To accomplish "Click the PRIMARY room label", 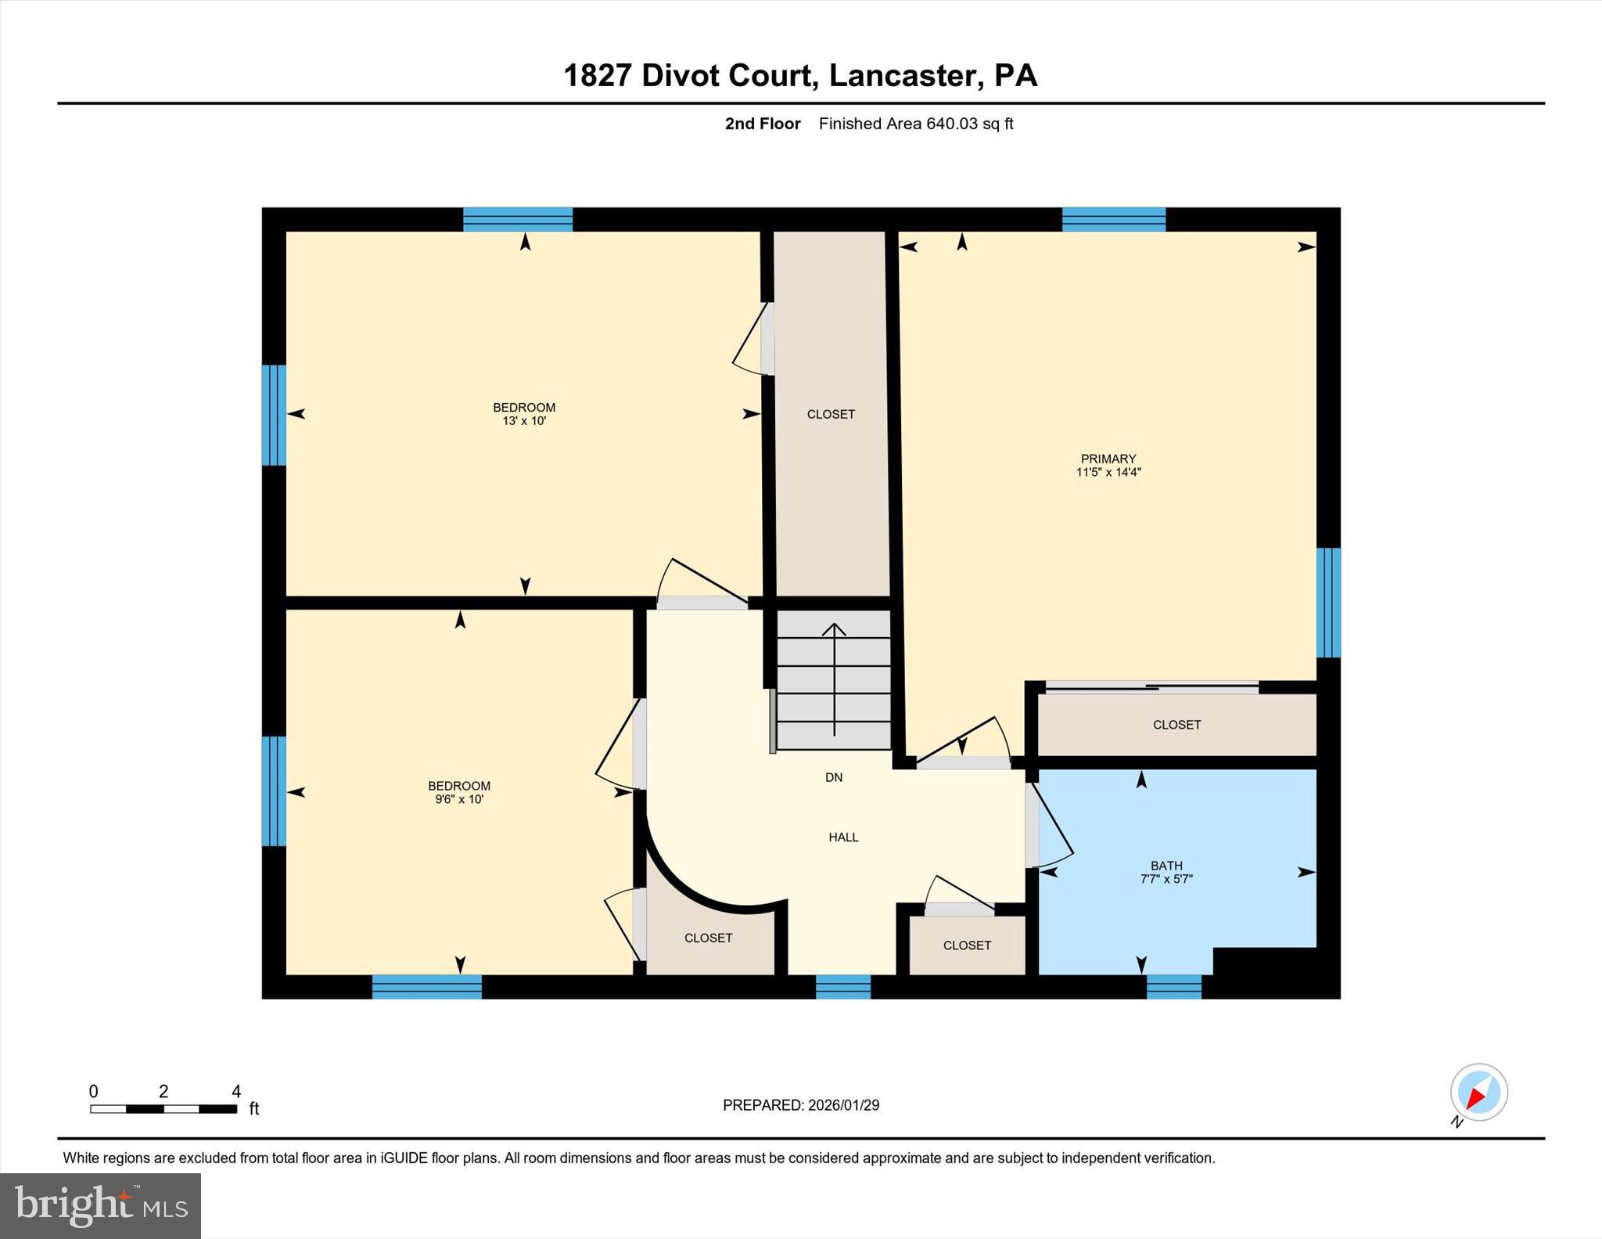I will tap(1108, 459).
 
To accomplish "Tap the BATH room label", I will tap(1166, 866).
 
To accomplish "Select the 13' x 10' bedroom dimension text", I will tap(523, 421).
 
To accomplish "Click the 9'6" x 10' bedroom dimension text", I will tap(459, 800).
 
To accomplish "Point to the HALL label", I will tap(843, 837).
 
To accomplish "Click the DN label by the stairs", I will tap(834, 777).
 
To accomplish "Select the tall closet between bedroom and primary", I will tap(831, 414).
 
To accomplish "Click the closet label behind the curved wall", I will tap(708, 938).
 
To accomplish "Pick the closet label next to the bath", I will tap(967, 945).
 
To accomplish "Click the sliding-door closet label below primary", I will tap(1176, 725).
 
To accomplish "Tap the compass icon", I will tap(1478, 1093).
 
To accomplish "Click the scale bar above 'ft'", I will tap(163, 1109).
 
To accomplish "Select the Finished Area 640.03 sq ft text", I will tap(915, 124).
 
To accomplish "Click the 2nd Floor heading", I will tap(762, 124).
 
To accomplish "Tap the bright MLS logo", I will tap(100, 1205).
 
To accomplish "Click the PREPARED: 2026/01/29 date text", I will tap(800, 1105).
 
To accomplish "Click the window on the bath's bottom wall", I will tap(1173, 987).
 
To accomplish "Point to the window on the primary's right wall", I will tap(1328, 603).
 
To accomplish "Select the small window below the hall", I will tap(842, 987).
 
